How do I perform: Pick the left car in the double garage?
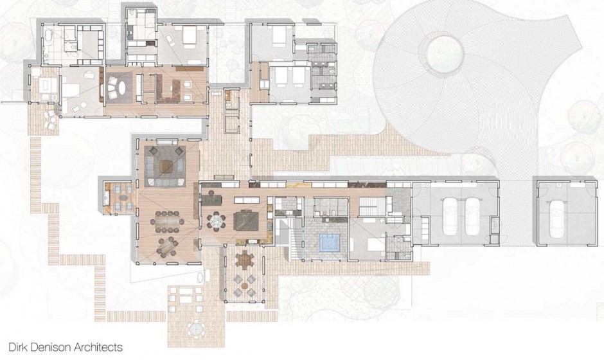pyautogui.click(x=450, y=212)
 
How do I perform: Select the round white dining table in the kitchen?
pyautogui.click(x=217, y=222)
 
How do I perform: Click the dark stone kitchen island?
pyautogui.click(x=246, y=221)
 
